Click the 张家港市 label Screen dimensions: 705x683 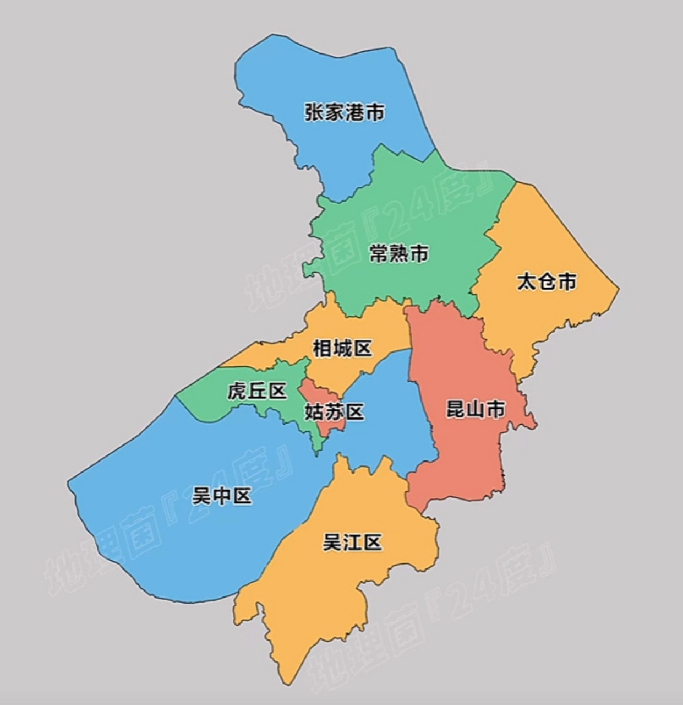345,112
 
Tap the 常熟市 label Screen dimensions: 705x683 398,254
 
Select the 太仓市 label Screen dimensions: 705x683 547,282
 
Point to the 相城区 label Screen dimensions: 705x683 342,348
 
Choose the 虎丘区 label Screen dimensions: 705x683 257,392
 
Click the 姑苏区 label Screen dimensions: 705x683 334,412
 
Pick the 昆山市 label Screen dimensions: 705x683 475,409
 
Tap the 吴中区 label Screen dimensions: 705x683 221,496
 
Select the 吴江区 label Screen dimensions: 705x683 352,543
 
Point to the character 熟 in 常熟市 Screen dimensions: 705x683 398,254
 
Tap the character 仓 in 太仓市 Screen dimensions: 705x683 547,282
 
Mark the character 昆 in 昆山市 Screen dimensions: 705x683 455,409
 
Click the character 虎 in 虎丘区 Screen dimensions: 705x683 237,392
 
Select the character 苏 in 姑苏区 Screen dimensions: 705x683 334,412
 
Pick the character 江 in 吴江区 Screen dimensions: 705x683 352,543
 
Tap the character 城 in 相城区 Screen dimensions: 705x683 342,348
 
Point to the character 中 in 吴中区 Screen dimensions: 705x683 221,496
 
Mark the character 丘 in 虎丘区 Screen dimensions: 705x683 257,392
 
